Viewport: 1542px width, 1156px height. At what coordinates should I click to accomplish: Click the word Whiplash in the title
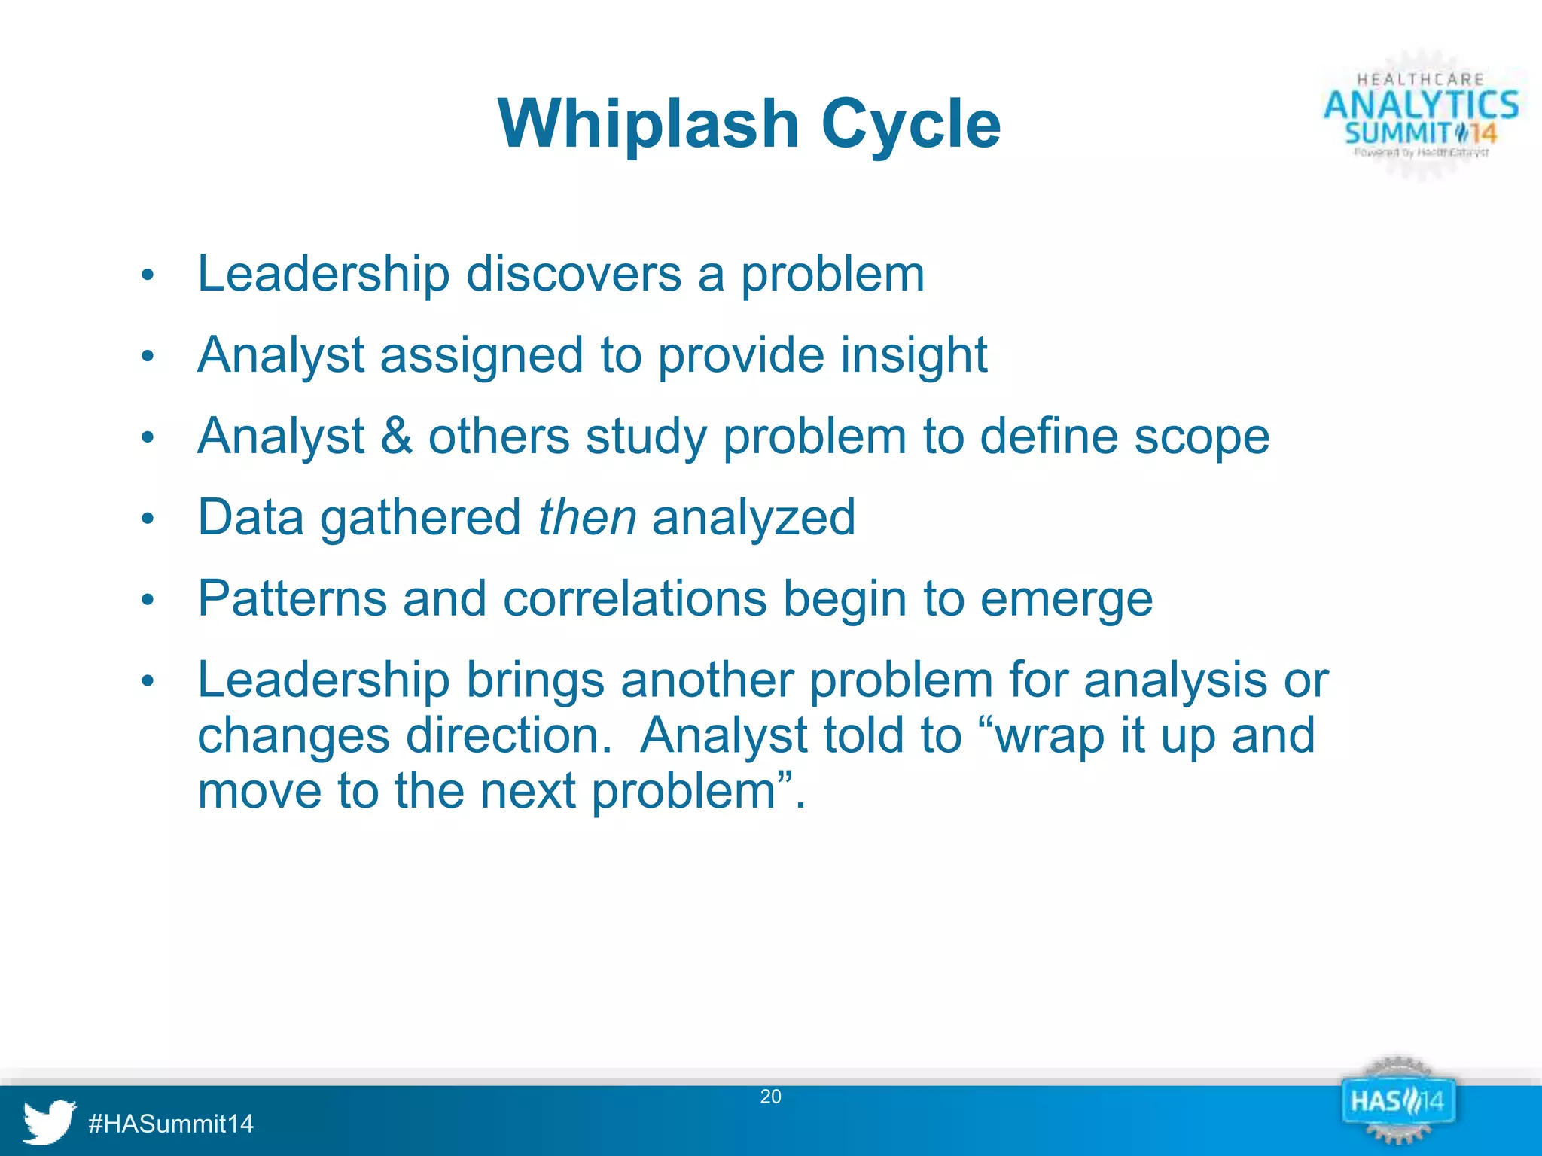648,124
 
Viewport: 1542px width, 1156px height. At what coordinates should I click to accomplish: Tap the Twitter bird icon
49,1121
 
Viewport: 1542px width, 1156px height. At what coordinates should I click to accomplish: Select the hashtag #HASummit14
171,1124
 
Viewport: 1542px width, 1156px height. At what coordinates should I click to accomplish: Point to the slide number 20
770,1097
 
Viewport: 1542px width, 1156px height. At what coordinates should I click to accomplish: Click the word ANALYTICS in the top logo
1422,105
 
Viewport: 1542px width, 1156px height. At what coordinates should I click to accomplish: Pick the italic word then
587,518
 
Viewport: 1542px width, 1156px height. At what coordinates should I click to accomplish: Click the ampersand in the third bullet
396,437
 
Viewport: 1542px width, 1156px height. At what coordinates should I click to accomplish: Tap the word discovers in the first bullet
574,274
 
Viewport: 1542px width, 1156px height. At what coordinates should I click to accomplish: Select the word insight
913,355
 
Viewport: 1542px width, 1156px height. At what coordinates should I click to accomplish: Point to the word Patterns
292,599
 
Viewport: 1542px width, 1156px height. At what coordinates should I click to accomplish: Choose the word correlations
635,599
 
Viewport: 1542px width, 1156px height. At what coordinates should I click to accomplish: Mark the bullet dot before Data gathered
148,519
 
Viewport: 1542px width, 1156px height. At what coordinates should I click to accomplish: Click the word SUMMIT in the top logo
1397,134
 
